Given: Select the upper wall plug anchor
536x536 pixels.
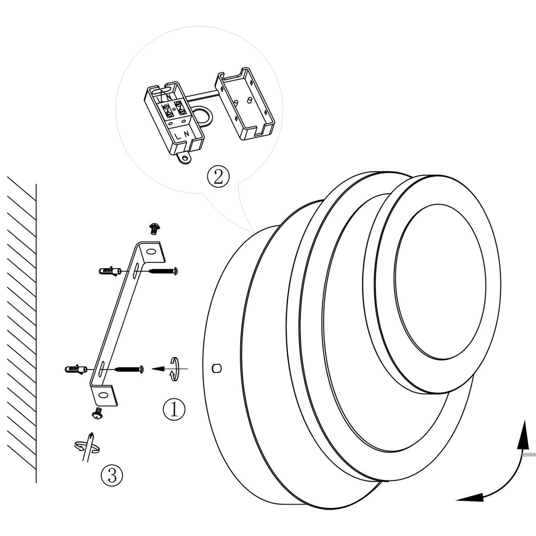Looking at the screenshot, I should click(x=109, y=271).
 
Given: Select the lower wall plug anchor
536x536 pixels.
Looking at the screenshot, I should click(x=76, y=370).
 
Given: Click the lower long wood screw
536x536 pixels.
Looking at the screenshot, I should click(x=129, y=370).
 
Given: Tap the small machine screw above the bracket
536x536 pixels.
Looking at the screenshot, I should click(x=154, y=228).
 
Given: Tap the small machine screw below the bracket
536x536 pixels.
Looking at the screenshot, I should click(x=97, y=414).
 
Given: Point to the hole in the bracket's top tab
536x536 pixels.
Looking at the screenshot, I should click(x=151, y=252).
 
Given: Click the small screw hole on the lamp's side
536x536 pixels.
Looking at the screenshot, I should click(x=217, y=368).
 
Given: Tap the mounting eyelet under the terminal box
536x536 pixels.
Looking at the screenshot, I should click(x=184, y=157).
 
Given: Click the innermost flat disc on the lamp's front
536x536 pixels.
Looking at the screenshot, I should click(x=440, y=282).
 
